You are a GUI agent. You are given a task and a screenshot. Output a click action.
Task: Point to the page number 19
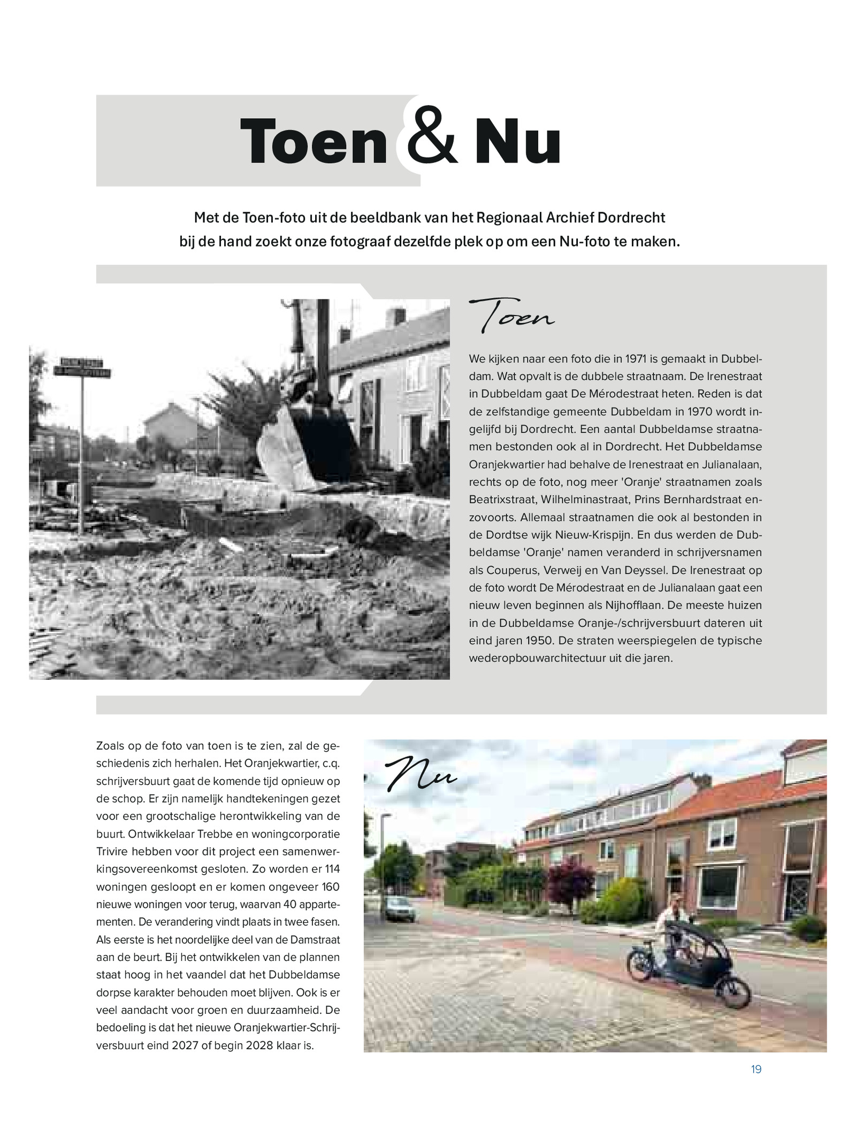coord(756,1069)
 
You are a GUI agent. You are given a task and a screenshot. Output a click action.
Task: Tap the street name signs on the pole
coord(82,367)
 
